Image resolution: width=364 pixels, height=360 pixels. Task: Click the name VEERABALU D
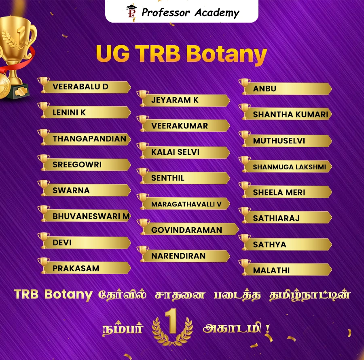(x=80, y=86)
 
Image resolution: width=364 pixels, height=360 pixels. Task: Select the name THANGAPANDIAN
(x=89, y=139)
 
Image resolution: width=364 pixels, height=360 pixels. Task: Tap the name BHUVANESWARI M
(x=91, y=216)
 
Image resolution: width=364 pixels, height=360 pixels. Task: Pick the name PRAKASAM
(x=76, y=268)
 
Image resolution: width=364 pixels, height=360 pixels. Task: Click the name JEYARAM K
(x=175, y=100)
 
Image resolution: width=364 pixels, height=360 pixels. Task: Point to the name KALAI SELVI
(x=175, y=152)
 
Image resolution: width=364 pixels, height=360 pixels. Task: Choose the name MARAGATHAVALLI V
(x=186, y=204)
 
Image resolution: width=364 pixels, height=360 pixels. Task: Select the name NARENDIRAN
(x=178, y=256)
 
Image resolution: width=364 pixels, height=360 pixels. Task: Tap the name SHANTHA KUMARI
(x=290, y=114)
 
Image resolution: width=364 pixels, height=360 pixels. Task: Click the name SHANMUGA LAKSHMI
(x=290, y=166)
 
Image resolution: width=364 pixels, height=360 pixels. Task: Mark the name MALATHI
(x=271, y=270)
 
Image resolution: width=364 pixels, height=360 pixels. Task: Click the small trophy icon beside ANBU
(x=245, y=86)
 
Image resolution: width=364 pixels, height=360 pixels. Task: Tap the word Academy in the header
(x=217, y=13)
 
